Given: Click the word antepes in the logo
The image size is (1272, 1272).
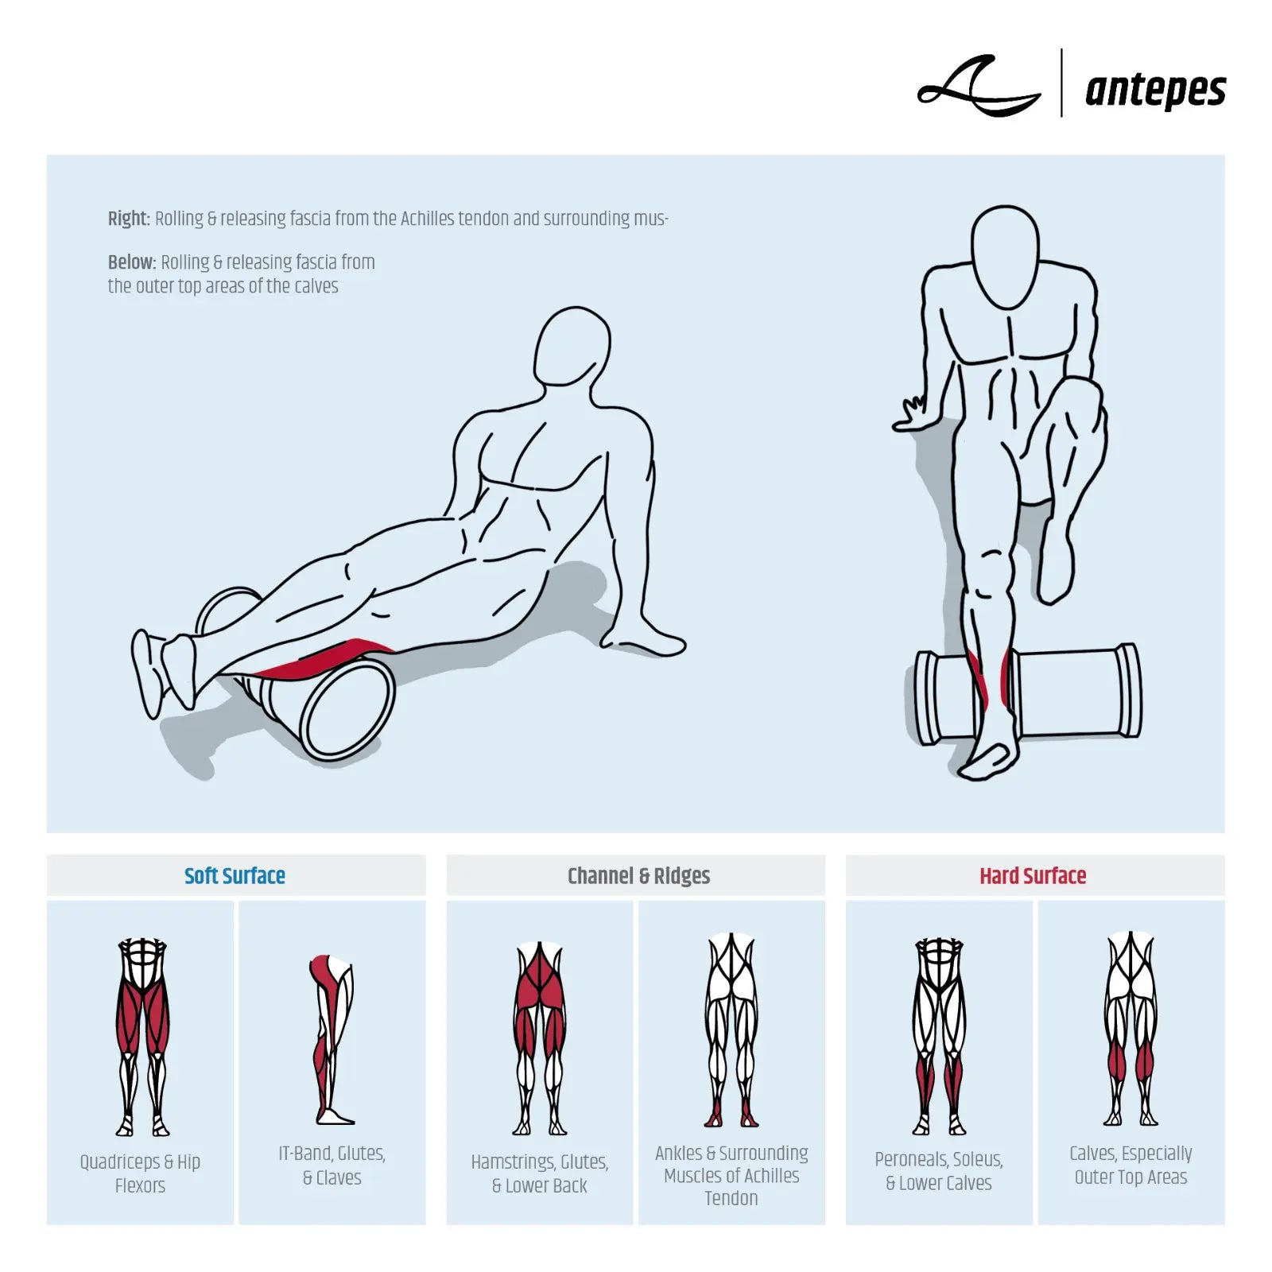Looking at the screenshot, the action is [1155, 90].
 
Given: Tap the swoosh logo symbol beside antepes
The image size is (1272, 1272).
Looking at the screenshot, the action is [979, 86].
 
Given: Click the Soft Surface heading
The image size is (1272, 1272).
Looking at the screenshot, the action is [235, 876].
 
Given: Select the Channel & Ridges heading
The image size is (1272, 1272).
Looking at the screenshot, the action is [638, 876].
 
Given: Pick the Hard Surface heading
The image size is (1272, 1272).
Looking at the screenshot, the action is [1033, 876].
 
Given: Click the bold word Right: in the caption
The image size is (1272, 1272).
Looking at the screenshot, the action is [129, 219].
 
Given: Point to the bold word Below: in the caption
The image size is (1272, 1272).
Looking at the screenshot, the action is [132, 262].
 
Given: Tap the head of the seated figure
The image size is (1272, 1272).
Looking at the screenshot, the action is [571, 347].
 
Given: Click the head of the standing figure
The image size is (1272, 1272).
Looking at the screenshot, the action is [1006, 257].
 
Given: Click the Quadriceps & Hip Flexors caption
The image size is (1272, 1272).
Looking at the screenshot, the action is [140, 1173].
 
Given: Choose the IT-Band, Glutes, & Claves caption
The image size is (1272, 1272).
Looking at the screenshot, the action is [332, 1165].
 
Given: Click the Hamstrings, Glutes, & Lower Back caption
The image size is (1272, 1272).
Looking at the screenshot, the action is [540, 1173].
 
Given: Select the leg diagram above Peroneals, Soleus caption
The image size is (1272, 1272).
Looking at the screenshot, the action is [940, 1035].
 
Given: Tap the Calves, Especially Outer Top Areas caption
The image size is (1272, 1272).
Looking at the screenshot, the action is [1130, 1165].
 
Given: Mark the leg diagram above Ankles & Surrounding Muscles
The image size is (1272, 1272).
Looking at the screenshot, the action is [731, 1030].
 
